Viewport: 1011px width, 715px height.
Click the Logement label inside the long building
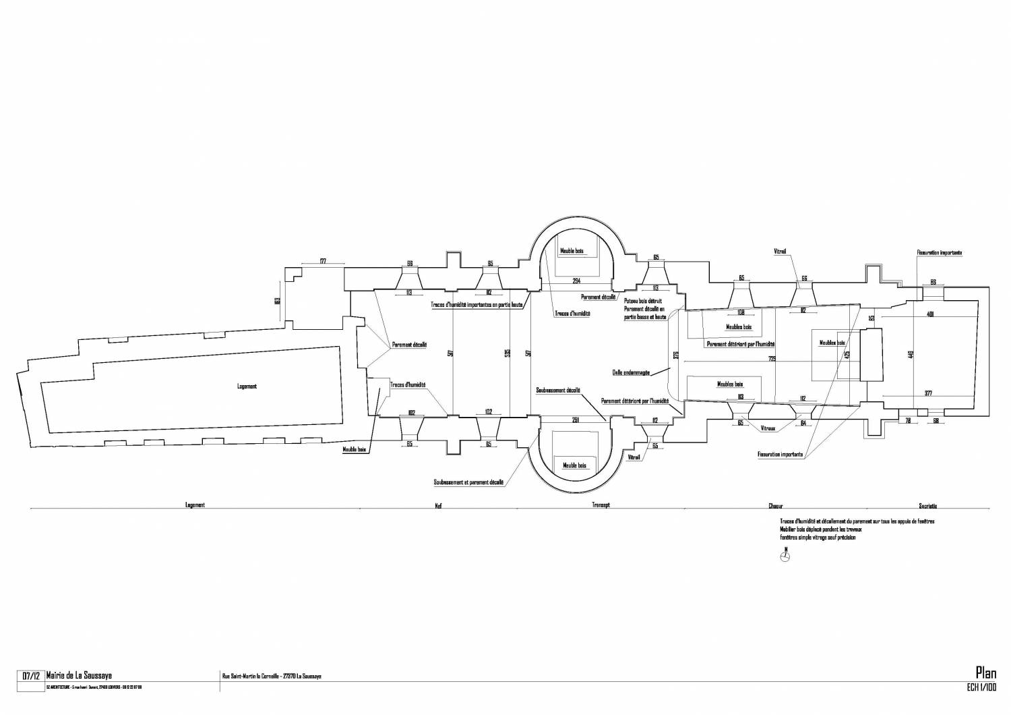(247, 387)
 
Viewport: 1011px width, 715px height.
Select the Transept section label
(601, 505)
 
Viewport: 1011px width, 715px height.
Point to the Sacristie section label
(927, 506)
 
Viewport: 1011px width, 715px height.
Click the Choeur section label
(775, 506)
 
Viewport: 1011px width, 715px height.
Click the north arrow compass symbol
(785, 556)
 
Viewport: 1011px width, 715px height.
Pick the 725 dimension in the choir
(772, 359)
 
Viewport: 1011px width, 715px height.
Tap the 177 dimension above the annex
(323, 260)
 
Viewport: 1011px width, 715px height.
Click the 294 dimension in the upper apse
(576, 280)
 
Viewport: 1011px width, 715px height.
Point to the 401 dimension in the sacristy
(930, 314)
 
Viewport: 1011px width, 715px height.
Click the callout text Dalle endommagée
(631, 372)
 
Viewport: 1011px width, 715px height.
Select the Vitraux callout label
(768, 428)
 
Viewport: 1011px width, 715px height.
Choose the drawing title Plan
(986, 672)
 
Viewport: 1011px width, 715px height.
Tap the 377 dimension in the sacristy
(928, 393)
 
